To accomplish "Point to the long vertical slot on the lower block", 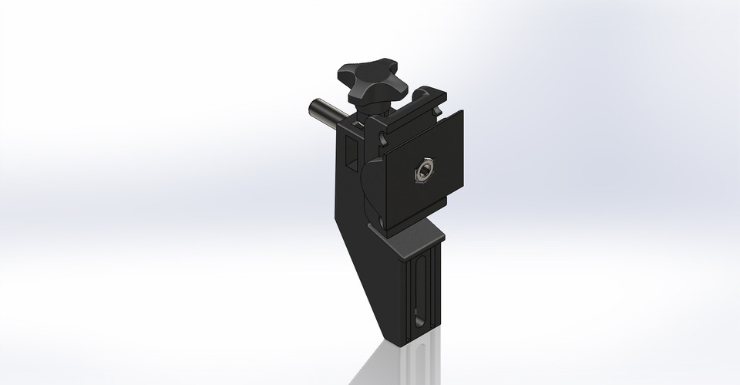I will tap(420, 293).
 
